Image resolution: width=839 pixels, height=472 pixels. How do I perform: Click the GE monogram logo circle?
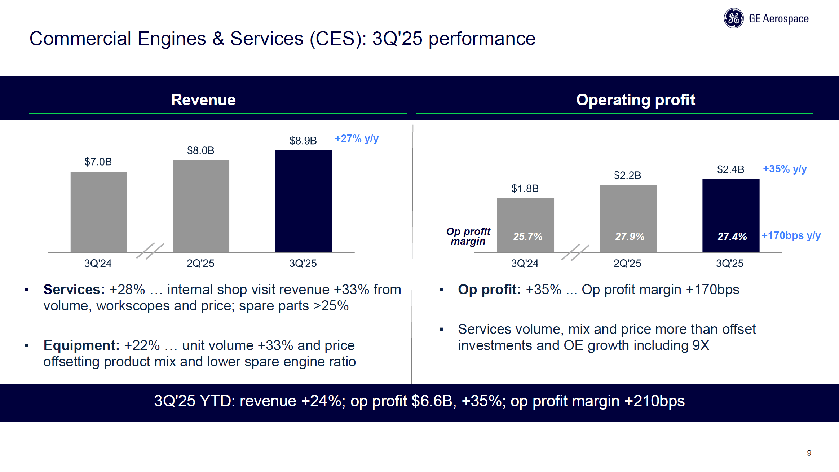pos(733,18)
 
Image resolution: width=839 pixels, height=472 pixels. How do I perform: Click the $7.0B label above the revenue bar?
pos(98,162)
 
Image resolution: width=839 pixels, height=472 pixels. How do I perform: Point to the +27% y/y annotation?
pos(356,138)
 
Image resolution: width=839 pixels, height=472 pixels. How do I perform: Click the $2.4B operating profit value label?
pos(730,169)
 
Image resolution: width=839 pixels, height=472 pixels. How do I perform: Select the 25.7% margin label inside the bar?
pos(527,237)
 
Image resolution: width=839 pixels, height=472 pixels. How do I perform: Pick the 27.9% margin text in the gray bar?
pos(630,237)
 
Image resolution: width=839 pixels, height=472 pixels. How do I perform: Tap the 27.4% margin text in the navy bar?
pos(732,237)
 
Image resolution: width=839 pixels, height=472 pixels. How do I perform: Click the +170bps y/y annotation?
pos(791,235)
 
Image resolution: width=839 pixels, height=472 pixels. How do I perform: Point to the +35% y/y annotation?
pos(785,169)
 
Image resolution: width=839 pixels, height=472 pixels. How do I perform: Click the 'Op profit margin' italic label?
pos(468,236)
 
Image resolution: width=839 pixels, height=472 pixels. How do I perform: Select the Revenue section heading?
pos(203,100)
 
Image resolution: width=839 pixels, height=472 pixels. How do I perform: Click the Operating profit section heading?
pos(635,100)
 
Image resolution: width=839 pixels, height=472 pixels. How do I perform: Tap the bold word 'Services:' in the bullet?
pos(74,290)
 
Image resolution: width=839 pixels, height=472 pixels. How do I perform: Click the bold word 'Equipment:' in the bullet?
pos(81,345)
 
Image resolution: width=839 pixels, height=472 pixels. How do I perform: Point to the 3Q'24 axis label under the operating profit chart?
pos(525,263)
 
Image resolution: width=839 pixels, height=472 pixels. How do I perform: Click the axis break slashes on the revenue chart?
pos(150,251)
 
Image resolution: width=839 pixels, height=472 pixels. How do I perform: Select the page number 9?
pos(809,453)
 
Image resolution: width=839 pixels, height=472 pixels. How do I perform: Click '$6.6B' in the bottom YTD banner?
pos(432,401)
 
